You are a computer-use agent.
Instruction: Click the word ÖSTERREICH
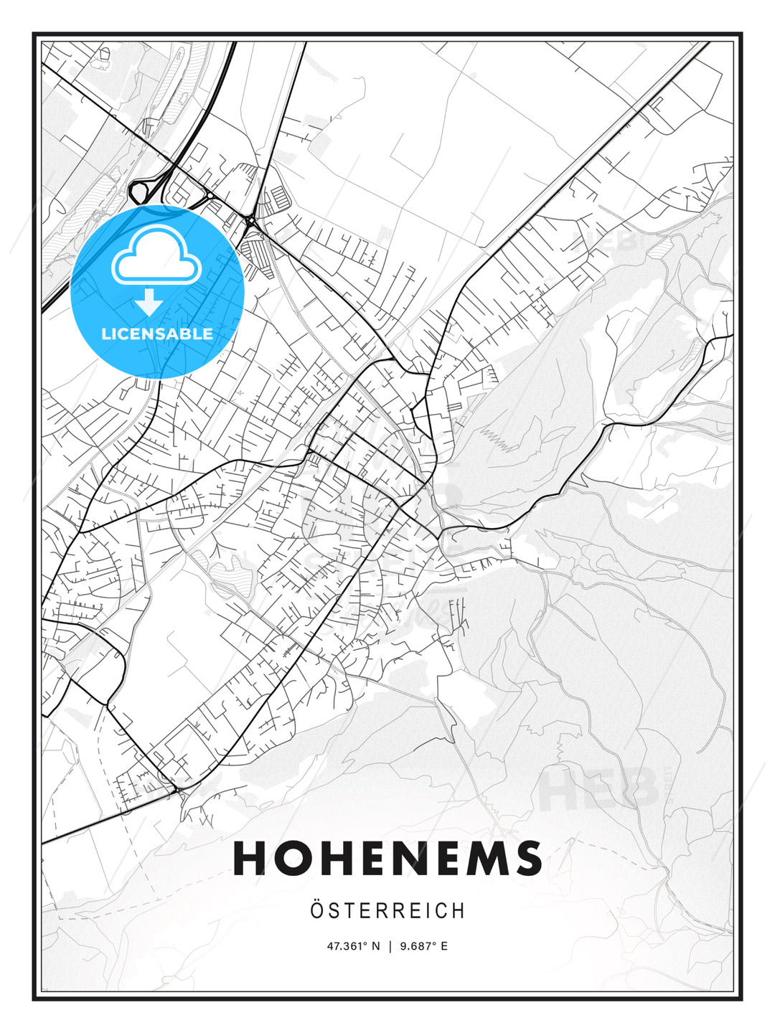pyautogui.click(x=387, y=911)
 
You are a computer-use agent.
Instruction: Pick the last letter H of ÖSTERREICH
pyautogui.click(x=459, y=911)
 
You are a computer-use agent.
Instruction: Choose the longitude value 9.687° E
pyautogui.click(x=423, y=946)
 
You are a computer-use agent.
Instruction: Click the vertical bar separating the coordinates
pyautogui.click(x=390, y=946)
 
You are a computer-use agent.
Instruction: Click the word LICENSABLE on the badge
pyautogui.click(x=157, y=334)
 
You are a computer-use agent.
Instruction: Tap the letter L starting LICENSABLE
pyautogui.click(x=105, y=334)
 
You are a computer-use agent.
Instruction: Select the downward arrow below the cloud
pyautogui.click(x=149, y=302)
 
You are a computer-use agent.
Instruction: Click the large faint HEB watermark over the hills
pyautogui.click(x=599, y=788)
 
